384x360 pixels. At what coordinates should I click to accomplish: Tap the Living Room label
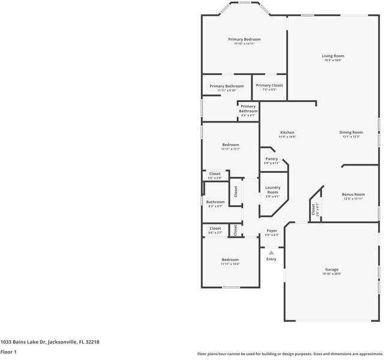pos(333,56)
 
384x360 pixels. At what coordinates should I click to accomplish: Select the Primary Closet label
pos(269,85)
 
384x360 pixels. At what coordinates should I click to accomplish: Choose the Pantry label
pos(272,159)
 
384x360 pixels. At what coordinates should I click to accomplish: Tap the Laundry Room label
pos(272,190)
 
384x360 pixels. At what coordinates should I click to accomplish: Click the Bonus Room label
pos(353,194)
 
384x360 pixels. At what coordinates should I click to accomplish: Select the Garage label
pos(332,270)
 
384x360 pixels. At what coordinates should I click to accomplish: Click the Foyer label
pos(272,230)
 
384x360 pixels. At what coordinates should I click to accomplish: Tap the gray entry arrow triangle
pos(271,253)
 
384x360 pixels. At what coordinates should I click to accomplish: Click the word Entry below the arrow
pos(271,259)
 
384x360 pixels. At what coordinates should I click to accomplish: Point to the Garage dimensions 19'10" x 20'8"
pos(332,274)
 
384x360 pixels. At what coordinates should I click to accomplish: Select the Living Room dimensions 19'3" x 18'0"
pos(333,60)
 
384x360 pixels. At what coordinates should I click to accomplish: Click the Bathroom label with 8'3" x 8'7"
pos(215,202)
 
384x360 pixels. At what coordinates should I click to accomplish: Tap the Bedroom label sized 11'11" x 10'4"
pos(230,260)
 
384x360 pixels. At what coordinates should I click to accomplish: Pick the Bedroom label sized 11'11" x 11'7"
pos(230,145)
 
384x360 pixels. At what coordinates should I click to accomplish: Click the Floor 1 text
pos(8,352)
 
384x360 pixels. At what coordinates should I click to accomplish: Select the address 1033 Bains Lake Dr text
pos(49,342)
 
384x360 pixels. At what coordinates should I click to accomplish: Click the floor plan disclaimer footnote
pos(290,354)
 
